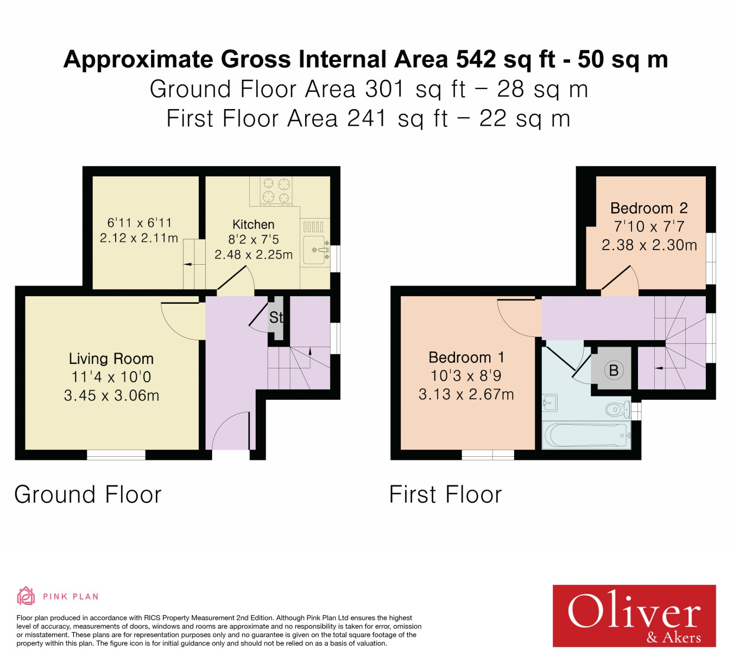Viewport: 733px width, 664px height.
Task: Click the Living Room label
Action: (111, 359)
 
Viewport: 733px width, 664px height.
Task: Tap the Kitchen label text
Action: (253, 225)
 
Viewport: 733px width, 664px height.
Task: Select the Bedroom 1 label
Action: (466, 357)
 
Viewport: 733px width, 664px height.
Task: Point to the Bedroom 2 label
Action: (649, 208)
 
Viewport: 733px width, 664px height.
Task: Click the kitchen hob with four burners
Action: (276, 191)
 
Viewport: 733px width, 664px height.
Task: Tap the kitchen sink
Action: (316, 250)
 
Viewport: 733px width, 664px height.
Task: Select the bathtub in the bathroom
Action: (587, 435)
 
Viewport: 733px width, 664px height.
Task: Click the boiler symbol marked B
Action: (614, 371)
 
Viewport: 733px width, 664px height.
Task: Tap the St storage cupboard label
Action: (276, 318)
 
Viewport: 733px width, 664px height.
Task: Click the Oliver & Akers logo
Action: (634, 616)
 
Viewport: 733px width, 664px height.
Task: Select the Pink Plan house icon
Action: (26, 596)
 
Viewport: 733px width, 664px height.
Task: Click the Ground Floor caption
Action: (88, 495)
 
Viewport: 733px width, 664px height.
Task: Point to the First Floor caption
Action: (445, 495)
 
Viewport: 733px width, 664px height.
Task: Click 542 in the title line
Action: (476, 59)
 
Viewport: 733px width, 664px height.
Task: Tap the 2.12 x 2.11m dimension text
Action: (139, 238)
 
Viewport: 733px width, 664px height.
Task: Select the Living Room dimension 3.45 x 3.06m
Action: (111, 395)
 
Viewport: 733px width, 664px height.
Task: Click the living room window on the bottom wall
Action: (116, 455)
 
